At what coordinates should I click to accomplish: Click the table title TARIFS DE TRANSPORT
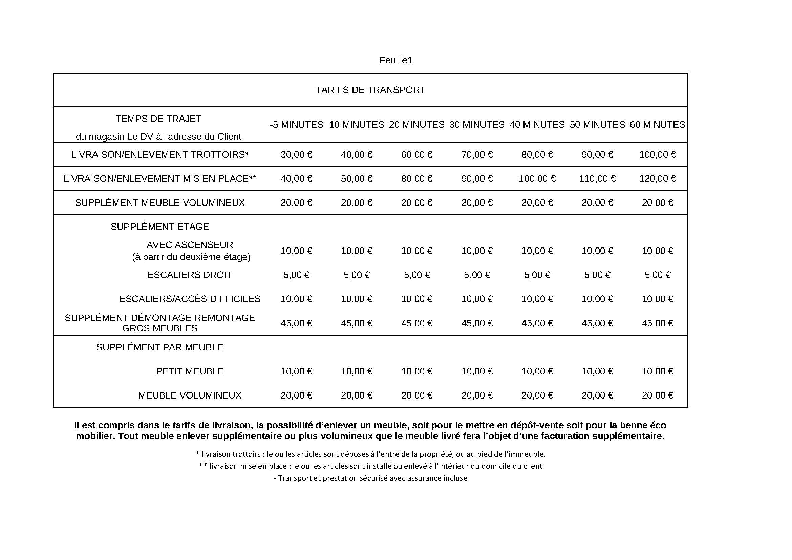click(x=370, y=90)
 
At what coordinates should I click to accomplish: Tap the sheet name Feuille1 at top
click(x=395, y=60)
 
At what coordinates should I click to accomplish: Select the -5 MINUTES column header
click(x=296, y=125)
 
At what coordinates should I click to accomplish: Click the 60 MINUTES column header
click(x=657, y=125)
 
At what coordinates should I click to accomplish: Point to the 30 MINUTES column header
click(x=477, y=125)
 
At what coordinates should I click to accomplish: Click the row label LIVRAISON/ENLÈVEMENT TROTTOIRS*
click(x=159, y=155)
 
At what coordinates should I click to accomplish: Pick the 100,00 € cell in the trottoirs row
click(x=657, y=155)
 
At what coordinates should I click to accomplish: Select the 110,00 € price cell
click(x=597, y=179)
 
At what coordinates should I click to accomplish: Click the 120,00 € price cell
click(x=657, y=179)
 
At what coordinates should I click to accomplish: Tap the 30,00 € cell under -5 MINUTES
click(x=296, y=155)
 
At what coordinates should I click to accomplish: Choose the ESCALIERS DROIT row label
click(x=190, y=275)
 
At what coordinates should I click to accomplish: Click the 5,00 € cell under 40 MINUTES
click(x=537, y=275)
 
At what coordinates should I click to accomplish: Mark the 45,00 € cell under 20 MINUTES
click(x=416, y=323)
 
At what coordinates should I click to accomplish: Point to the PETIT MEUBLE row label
click(x=190, y=371)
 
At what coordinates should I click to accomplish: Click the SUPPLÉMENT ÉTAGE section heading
click(x=160, y=227)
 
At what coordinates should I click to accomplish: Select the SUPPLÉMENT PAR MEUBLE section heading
click(x=159, y=347)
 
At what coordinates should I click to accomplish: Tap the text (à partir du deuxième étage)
click(x=191, y=257)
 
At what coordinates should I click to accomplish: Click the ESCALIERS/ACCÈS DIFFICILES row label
click(x=190, y=299)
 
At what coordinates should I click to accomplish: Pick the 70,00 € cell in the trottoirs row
click(x=477, y=155)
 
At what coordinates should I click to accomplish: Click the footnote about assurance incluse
click(x=370, y=478)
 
